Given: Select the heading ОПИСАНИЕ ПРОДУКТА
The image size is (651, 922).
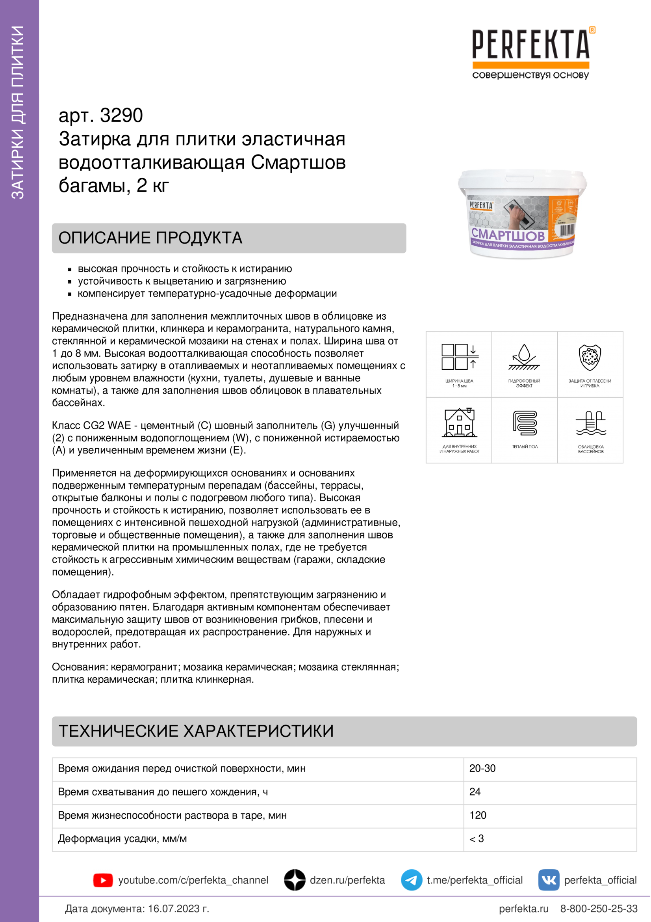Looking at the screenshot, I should click(150, 238).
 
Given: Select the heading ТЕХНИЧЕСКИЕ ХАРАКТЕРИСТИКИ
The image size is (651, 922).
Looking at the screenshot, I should click(196, 731).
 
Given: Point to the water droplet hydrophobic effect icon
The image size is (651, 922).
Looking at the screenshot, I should click(524, 358).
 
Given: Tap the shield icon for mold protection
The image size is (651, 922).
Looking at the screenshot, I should click(590, 358).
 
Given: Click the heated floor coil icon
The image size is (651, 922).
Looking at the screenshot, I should click(525, 423).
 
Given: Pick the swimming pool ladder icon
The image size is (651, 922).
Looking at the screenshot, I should click(590, 423).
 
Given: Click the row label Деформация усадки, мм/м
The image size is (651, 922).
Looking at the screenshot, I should click(122, 838).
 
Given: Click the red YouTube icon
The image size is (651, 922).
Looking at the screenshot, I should click(103, 880).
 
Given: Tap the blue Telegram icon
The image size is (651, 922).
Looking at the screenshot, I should click(412, 880).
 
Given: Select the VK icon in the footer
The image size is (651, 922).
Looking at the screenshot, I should click(549, 880).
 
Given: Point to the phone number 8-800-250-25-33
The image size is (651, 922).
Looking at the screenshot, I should click(599, 909).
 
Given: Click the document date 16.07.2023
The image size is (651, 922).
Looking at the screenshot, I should click(178, 909).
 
